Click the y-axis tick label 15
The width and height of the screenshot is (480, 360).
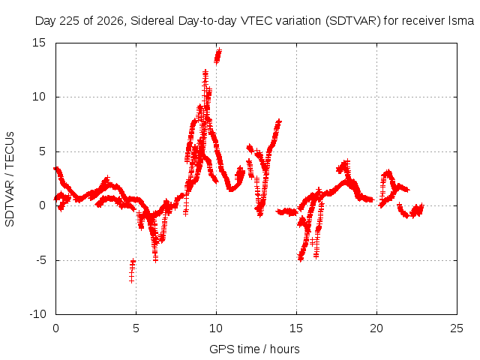pos(39,43)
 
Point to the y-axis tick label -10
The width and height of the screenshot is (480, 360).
pos(37,314)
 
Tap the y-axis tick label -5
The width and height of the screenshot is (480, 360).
pos(41,260)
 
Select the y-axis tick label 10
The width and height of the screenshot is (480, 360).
pos(39,97)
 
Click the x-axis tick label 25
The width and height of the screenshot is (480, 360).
pos(457,328)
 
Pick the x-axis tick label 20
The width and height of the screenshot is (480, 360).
pos(376,328)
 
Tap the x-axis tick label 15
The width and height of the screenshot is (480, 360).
pos(296,328)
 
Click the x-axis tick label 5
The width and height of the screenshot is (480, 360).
pos(136,328)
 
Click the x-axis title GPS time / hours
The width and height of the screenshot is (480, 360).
pos(254,349)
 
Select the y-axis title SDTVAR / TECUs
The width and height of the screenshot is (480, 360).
pos(10,179)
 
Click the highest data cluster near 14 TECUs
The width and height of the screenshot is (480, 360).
pos(218,56)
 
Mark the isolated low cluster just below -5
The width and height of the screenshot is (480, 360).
pos(132,271)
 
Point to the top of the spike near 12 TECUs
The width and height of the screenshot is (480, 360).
pos(205,72)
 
